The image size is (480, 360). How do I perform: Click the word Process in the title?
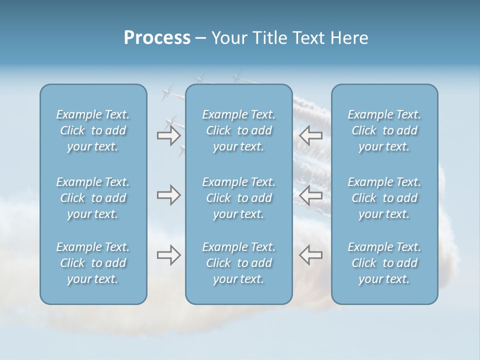pos(157,38)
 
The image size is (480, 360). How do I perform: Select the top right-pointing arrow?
pos(168,135)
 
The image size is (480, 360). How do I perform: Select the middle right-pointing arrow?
pos(168,195)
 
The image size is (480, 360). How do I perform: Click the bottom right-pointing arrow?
pos(168,255)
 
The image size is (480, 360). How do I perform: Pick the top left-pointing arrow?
pos(311,135)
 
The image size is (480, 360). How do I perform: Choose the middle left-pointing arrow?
pos(311,195)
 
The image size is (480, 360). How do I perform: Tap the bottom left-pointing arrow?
pos(311,255)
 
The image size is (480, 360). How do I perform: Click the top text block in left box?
pos(93,130)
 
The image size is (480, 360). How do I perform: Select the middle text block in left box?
pos(93,198)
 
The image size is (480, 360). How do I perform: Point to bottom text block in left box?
pos(93,263)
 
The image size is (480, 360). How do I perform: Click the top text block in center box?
pos(239,130)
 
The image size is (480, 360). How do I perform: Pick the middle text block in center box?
pos(239,198)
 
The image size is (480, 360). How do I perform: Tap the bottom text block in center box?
pos(239,263)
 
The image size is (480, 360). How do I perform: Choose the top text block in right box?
pos(384,130)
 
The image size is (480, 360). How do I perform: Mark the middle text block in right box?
pos(384,198)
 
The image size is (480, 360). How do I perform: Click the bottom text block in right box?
pos(384,263)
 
